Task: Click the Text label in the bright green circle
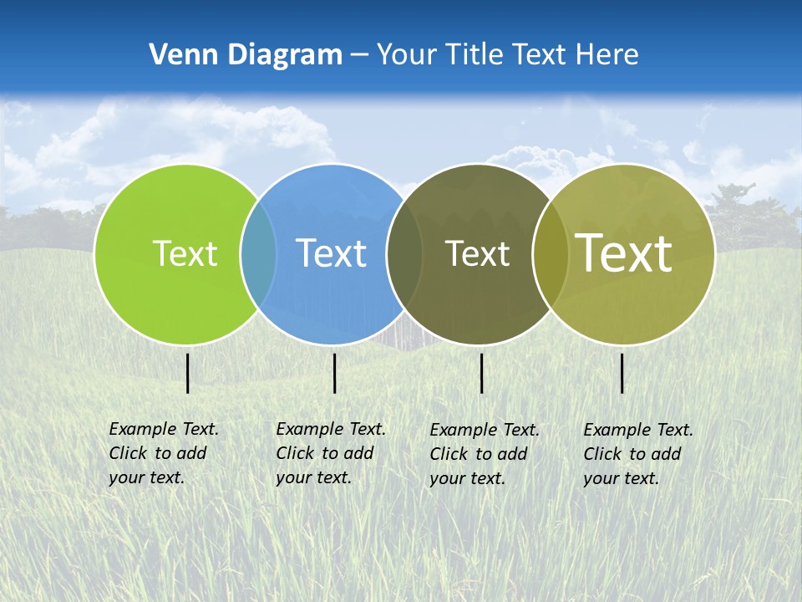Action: coord(185,253)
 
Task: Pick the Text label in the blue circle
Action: coord(331,253)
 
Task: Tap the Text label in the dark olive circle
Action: coord(477,254)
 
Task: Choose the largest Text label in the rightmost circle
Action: coord(624,253)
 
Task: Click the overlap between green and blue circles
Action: coord(259,254)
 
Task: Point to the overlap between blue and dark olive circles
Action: coord(403,254)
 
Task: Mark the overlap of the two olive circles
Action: coord(551,254)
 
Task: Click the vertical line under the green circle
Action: coord(188,373)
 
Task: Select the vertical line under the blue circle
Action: coord(334,373)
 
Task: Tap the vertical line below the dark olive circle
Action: coord(482,373)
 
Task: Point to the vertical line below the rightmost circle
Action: coord(622,373)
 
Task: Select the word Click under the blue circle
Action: coord(295,453)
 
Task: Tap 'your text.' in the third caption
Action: coord(467,478)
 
